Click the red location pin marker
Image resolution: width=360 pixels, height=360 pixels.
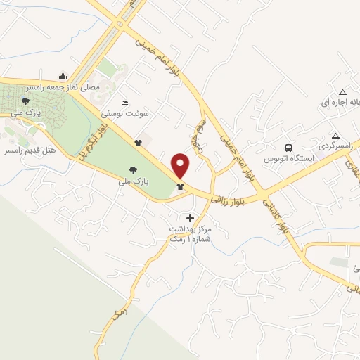[181, 166]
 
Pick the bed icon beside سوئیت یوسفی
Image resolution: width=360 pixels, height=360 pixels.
[125, 103]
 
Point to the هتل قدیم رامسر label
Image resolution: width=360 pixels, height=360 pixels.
[31, 150]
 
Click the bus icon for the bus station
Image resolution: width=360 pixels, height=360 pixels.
[288, 148]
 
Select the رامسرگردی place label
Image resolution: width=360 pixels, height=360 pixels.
[335, 146]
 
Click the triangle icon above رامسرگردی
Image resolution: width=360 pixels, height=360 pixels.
[336, 135]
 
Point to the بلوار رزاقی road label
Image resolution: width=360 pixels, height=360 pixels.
[231, 197]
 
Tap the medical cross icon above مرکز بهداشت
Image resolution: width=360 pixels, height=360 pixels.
[190, 219]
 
